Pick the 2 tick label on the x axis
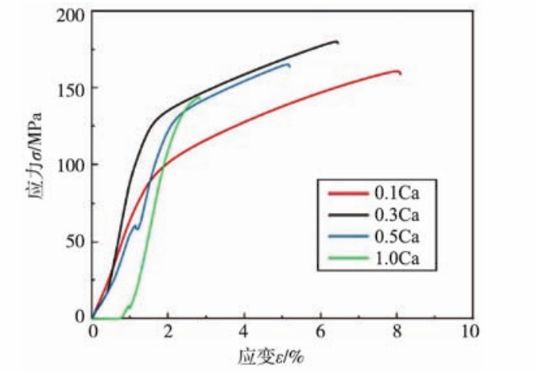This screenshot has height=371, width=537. pyautogui.click(x=168, y=332)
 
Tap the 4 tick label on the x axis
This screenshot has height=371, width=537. pyautogui.click(x=245, y=332)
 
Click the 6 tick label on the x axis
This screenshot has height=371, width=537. pyautogui.click(x=320, y=332)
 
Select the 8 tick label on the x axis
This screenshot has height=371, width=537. pyautogui.click(x=396, y=332)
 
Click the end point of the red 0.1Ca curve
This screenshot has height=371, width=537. pyautogui.click(x=401, y=74)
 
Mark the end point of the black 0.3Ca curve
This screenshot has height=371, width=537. pyautogui.click(x=338, y=42)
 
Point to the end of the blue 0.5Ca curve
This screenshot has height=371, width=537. pyautogui.click(x=289, y=66)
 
